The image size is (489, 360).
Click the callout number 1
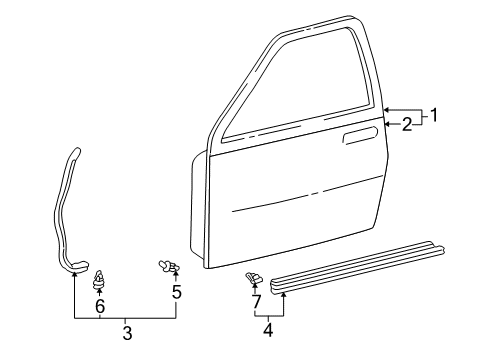433,115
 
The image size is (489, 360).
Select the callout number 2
407,125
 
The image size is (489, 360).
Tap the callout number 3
127,333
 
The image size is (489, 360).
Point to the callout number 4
268,330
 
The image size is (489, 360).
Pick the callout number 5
177,292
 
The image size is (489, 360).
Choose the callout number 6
100,306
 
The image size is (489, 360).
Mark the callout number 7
256,301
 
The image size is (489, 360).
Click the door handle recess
360,135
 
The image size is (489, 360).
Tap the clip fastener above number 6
97,279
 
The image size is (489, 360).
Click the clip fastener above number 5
169,266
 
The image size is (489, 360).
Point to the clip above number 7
253,277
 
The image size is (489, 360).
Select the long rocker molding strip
357,267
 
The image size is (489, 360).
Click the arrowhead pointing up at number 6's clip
99,292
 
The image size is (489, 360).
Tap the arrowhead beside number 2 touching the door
387,124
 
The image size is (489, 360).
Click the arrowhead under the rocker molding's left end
283,294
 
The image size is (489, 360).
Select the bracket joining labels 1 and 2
421,117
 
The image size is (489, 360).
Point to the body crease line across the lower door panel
307,194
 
